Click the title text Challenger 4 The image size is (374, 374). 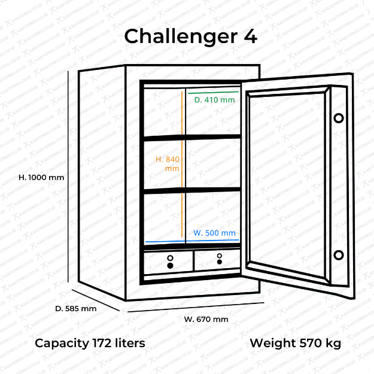pyautogui.click(x=190, y=37)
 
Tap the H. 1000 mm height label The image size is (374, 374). pyautogui.click(x=41, y=178)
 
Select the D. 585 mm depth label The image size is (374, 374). pyautogui.click(x=76, y=309)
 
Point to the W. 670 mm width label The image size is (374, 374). pyautogui.click(x=206, y=320)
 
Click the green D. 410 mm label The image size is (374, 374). pyautogui.click(x=214, y=100)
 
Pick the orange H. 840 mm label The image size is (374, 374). pyautogui.click(x=168, y=164)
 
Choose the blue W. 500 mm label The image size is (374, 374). pyautogui.click(x=214, y=233)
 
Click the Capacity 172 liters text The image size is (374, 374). pyautogui.click(x=90, y=343)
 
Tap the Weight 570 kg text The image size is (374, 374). pyautogui.click(x=295, y=343)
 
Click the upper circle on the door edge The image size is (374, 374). pyautogui.click(x=339, y=118)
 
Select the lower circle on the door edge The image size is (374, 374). pyautogui.click(x=339, y=255)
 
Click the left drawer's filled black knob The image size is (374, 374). pyautogui.click(x=170, y=266)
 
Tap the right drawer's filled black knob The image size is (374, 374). pyautogui.click(x=220, y=262)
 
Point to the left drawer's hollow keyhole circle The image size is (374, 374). pyautogui.click(x=170, y=258)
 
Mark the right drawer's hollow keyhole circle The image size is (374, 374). pyautogui.click(x=220, y=256)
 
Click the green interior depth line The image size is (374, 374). pyautogui.click(x=213, y=92)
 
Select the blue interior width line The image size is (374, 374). pyautogui.click(x=192, y=241)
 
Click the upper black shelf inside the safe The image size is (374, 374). pyautogui.click(x=192, y=138)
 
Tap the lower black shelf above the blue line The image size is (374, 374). pyautogui.click(x=192, y=190)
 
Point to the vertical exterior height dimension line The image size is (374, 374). pyautogui.click(x=68, y=177)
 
